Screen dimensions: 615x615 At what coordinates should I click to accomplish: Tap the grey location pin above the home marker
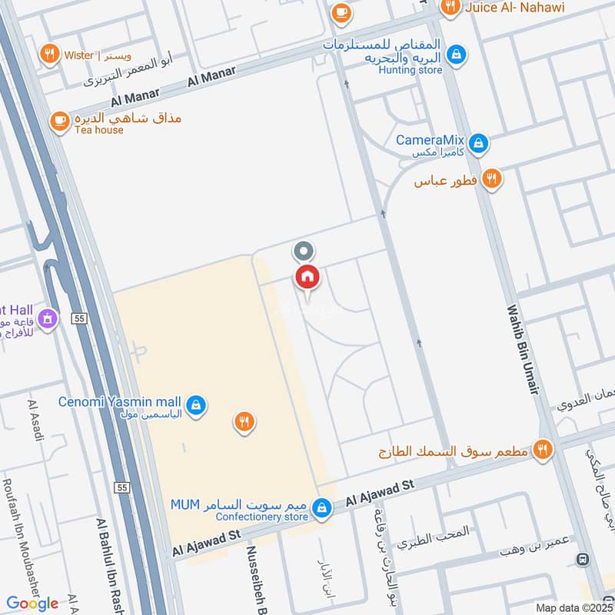coord(304,251)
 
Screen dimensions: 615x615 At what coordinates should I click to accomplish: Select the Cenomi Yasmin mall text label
coord(120,402)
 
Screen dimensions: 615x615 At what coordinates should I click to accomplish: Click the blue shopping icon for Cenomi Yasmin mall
coord(197,404)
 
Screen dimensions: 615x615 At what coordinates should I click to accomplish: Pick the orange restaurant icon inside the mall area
coord(244,421)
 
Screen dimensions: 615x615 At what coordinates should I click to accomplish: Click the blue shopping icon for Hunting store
coord(457,54)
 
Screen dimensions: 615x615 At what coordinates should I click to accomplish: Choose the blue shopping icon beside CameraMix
coord(478,143)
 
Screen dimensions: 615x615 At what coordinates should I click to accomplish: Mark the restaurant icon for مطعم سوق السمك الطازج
coord(544,450)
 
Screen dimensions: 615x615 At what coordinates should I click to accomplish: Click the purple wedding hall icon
coord(48,317)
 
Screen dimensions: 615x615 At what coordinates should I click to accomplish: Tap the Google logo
coord(32,603)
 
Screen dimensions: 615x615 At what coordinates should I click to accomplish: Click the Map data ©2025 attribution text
coord(573,607)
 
